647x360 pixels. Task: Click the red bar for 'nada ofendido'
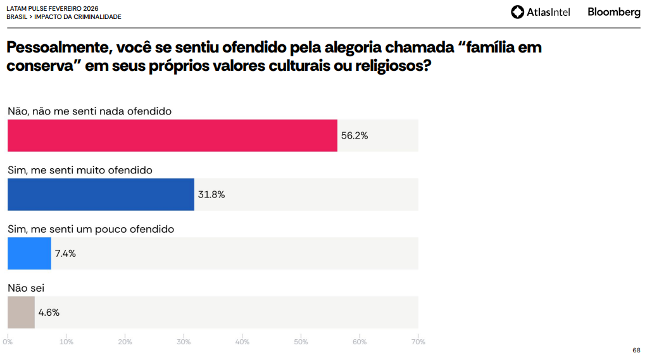point(172,135)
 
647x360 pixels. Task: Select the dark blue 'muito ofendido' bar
point(101,194)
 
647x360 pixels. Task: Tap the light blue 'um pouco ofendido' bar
point(29,254)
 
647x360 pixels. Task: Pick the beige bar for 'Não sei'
point(21,312)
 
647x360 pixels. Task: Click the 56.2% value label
point(355,135)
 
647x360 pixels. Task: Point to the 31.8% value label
point(211,195)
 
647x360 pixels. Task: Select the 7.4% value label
point(65,254)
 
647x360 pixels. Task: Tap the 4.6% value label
point(49,312)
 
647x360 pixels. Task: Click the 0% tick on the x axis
point(8,342)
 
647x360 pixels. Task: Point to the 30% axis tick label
point(184,342)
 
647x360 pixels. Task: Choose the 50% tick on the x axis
point(301,342)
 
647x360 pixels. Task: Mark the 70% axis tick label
point(418,342)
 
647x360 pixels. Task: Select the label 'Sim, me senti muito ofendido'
point(80,170)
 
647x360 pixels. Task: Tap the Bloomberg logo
point(613,12)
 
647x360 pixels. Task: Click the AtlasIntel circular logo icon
point(518,12)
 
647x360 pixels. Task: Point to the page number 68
point(636,350)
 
